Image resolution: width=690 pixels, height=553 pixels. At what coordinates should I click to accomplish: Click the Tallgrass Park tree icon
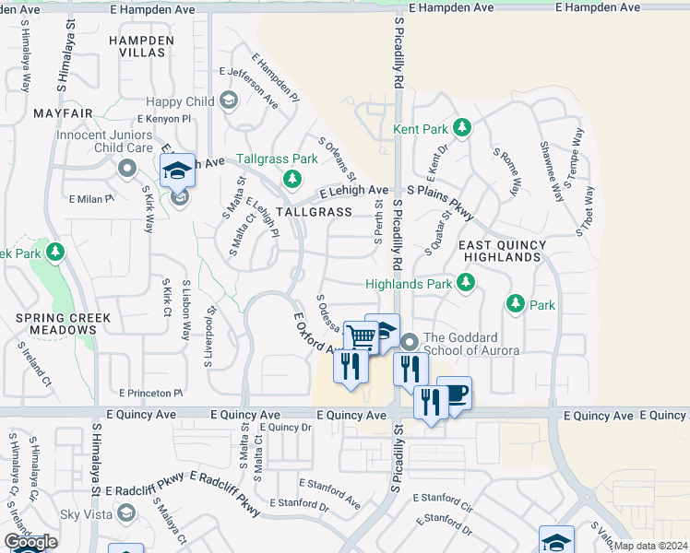point(291,178)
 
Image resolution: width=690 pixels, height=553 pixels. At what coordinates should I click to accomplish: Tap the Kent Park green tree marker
point(463,129)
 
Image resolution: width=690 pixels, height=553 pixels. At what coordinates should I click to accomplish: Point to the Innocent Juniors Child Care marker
point(127,168)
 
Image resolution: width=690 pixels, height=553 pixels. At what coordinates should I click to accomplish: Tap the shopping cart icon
point(361,337)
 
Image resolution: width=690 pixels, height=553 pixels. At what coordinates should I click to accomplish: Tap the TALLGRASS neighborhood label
point(314,212)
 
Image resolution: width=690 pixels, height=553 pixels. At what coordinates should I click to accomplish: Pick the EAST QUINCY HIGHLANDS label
point(503,251)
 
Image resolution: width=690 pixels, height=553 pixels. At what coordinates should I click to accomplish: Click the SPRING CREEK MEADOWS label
point(63,324)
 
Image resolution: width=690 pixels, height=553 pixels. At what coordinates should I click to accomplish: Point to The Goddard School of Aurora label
point(471,344)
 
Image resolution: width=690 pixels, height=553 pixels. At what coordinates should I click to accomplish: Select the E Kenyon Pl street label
point(163,120)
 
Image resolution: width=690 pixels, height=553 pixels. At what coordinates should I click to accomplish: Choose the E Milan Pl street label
point(91,198)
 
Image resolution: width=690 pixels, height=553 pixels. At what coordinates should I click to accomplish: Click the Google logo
point(30,542)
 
